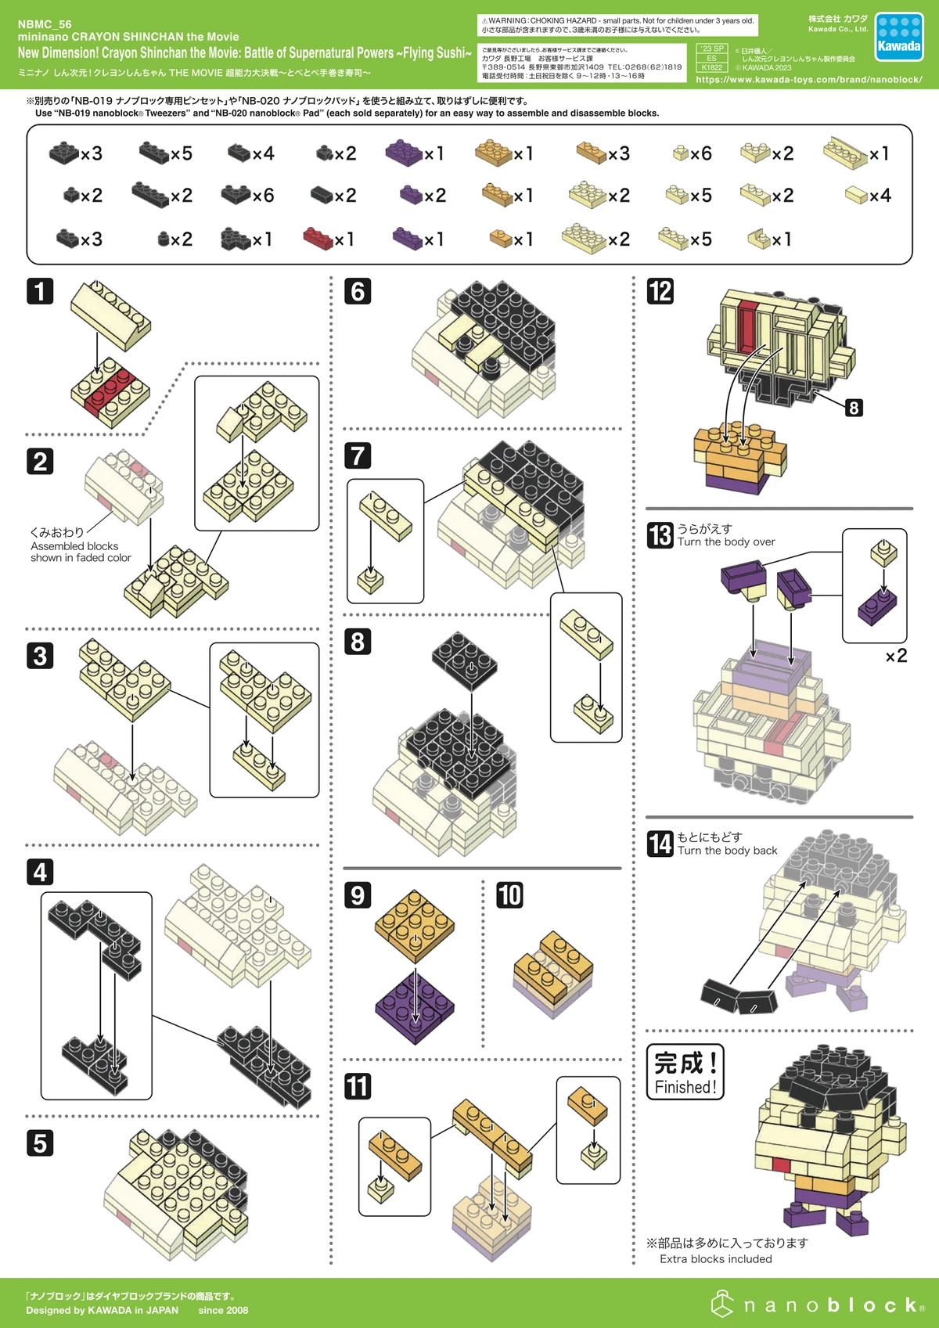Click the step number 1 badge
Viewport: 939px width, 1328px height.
click(x=40, y=291)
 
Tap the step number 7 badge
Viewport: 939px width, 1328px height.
click(x=358, y=455)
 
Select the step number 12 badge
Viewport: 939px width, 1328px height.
click(x=660, y=291)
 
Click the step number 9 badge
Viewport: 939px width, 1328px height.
click(x=358, y=894)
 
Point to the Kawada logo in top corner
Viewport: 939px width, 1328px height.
click(x=898, y=37)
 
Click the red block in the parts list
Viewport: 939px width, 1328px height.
click(x=318, y=238)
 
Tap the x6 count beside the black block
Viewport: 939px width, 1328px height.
click(x=263, y=196)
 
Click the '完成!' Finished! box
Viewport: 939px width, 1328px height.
click(x=685, y=1072)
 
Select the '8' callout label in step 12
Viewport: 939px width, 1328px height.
click(x=854, y=408)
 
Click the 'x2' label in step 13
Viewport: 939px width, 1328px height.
click(x=896, y=656)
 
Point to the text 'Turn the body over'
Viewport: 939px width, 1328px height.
click(x=726, y=542)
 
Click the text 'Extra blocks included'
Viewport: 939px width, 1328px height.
click(x=715, y=1259)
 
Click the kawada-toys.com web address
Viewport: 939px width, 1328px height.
click(x=808, y=79)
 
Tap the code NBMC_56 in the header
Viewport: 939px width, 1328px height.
click(x=45, y=24)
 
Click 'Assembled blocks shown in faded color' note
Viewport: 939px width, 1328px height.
click(x=81, y=552)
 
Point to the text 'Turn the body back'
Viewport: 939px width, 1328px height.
click(x=727, y=851)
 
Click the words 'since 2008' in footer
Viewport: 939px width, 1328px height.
click(x=223, y=1310)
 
